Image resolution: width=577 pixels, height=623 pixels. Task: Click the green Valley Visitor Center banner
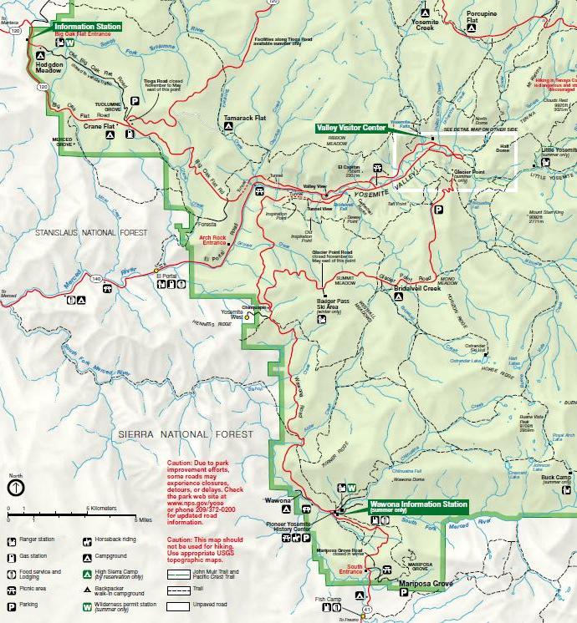click(351, 128)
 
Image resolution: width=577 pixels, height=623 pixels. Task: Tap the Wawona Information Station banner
click(418, 504)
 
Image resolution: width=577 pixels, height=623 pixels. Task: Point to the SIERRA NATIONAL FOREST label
click(185, 434)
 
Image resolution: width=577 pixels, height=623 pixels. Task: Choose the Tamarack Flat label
click(244, 119)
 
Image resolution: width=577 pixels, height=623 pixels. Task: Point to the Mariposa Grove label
click(425, 583)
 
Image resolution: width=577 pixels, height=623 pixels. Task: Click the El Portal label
click(167, 274)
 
